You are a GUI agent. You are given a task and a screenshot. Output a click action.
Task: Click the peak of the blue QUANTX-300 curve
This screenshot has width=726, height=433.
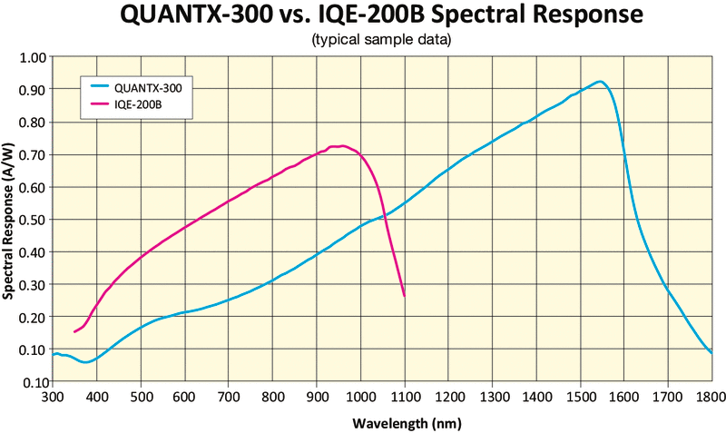click(x=599, y=82)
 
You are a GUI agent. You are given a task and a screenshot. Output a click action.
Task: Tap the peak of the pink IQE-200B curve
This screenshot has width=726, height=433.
click(x=340, y=145)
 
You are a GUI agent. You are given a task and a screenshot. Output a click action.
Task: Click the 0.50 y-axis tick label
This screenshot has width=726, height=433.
click(x=33, y=220)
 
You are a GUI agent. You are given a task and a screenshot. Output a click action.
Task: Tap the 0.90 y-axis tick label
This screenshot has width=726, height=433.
click(x=33, y=90)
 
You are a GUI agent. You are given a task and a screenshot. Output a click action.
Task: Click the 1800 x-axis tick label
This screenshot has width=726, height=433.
click(x=711, y=397)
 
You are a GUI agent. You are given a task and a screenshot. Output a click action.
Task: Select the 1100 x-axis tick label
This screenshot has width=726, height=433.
click(x=404, y=397)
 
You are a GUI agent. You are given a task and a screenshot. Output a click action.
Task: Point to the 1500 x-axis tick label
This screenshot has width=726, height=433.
click(x=579, y=397)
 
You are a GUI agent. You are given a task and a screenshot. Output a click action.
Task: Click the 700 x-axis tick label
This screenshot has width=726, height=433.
click(x=229, y=397)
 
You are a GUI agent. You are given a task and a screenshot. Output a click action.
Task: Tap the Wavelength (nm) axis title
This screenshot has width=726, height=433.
click(x=381, y=421)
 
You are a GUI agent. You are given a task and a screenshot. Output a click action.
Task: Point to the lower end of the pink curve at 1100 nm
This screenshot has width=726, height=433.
click(x=404, y=296)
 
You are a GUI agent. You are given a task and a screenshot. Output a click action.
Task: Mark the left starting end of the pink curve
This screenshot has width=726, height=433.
click(x=74, y=332)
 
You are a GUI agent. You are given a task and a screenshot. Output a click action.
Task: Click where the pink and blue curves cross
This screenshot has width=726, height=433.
click(x=385, y=215)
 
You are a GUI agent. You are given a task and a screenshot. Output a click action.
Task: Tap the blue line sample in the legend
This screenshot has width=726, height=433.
click(x=100, y=88)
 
